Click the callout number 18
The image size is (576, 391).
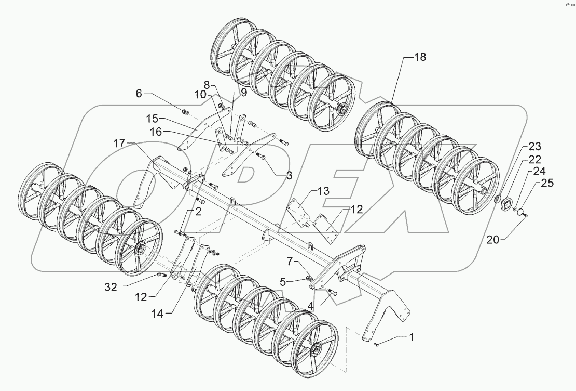tap(419, 58)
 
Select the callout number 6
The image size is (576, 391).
tap(139, 93)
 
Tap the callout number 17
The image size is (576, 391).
tap(120, 144)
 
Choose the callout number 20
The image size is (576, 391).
tap(493, 239)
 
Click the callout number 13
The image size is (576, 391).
tap(323, 192)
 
